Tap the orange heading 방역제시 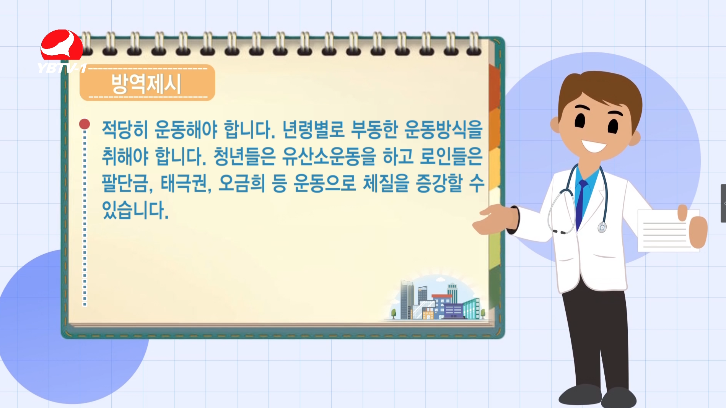147,83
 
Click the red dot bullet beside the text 85,124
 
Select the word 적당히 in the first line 125,129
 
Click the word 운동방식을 444,129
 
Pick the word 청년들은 244,156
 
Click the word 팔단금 125,183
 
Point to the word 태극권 184,183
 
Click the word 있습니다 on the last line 135,210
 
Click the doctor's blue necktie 581,205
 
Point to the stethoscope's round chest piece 602,228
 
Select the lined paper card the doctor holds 667,231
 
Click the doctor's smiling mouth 594,146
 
